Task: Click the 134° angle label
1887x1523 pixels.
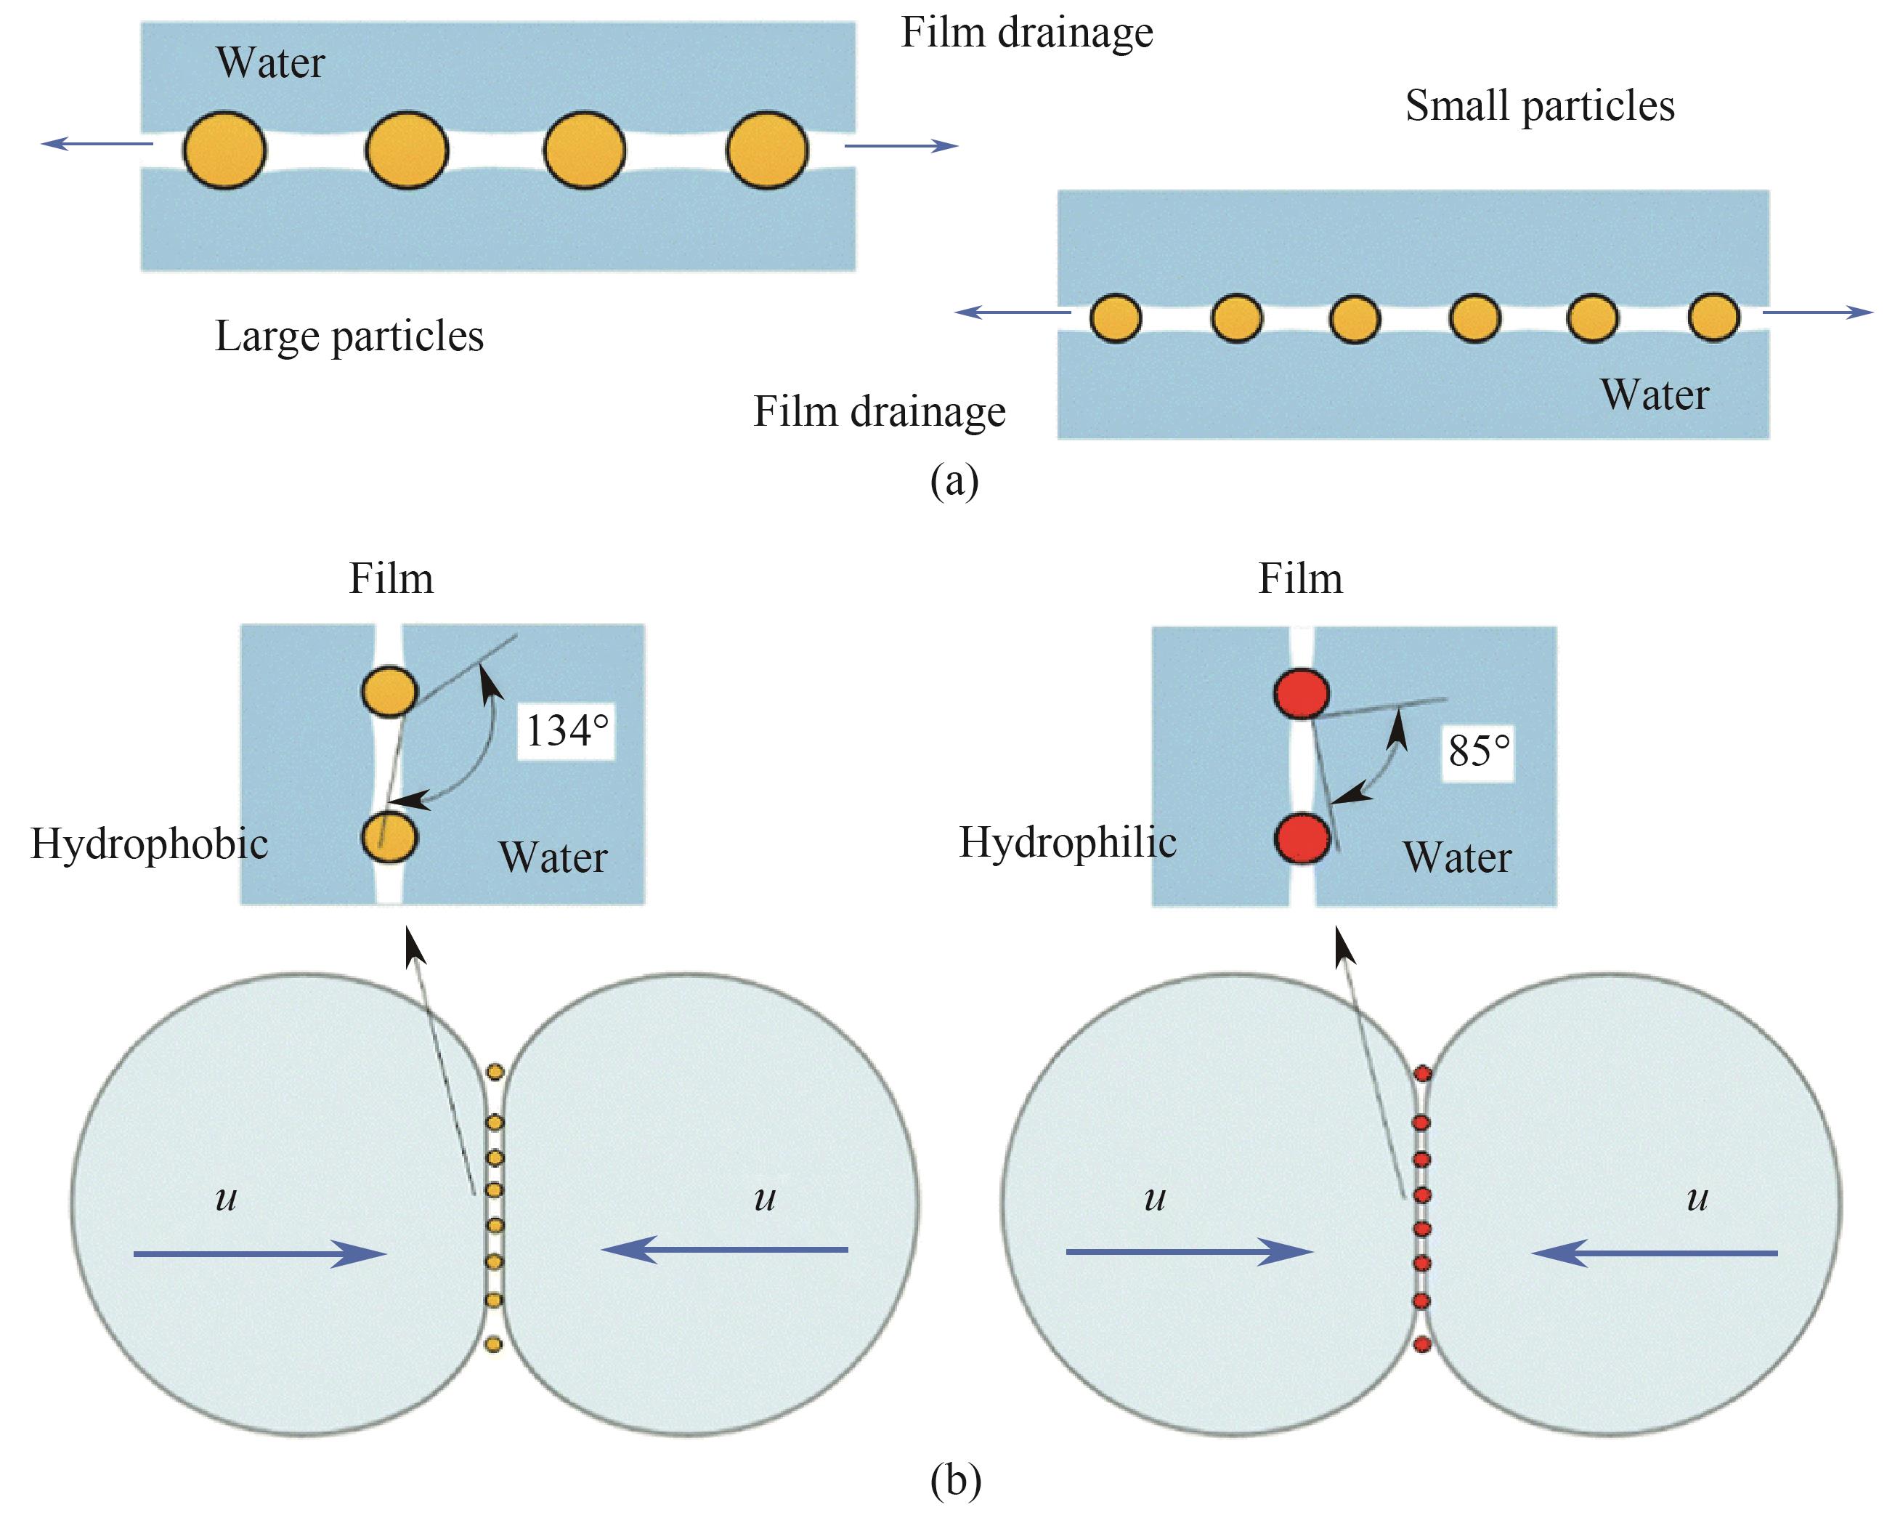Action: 567,730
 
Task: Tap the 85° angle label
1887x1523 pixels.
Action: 1478,750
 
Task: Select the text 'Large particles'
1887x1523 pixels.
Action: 349,336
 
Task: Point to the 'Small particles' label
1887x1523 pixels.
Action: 1540,106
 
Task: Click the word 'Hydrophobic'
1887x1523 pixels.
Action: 149,844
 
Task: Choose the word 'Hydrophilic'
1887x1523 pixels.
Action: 1067,842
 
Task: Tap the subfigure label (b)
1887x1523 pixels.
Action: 955,1481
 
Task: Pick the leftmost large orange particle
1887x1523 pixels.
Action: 224,150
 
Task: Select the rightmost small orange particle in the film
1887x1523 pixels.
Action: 1713,317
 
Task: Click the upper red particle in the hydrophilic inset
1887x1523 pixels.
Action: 1302,693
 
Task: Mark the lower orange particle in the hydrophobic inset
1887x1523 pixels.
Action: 389,837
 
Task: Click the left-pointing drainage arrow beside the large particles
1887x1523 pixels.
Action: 97,144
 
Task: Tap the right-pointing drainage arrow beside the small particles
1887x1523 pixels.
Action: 1817,312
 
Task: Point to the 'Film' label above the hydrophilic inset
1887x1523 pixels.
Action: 1300,579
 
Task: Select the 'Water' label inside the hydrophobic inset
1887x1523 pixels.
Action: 553,857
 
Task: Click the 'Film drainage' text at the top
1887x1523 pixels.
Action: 1027,33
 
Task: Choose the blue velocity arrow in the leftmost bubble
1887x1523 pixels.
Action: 259,1253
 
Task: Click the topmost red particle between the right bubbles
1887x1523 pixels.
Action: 1422,1072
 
